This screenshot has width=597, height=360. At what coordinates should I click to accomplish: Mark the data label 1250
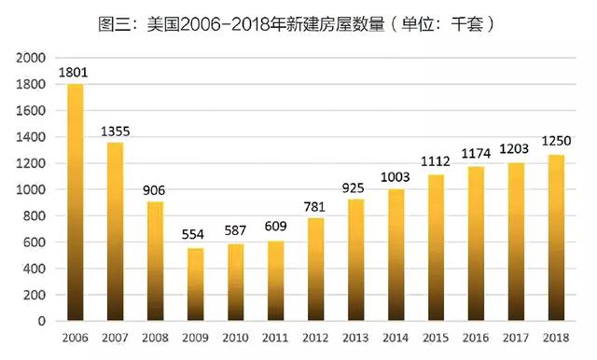[x=556, y=141]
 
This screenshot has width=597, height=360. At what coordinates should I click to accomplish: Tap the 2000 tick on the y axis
[x=31, y=58]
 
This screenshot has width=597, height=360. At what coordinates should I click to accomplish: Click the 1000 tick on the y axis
[x=31, y=189]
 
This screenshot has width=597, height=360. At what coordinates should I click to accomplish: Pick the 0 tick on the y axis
[x=41, y=321]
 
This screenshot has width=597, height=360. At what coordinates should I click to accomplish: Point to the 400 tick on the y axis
[x=35, y=269]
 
